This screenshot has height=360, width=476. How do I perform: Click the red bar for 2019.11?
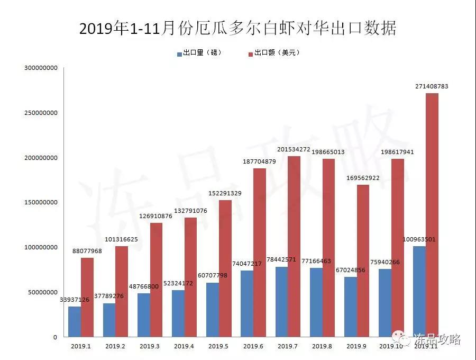point(432,215)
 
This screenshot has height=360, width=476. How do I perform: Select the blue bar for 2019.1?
point(75,321)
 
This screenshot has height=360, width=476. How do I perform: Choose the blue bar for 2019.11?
point(419,291)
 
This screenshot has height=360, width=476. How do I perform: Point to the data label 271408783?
point(432,86)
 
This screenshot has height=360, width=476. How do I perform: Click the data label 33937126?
point(75,300)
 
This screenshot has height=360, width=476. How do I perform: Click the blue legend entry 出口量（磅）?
point(199,53)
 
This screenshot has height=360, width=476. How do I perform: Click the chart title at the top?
point(238,28)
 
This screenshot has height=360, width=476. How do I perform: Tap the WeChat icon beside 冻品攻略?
point(399,337)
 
